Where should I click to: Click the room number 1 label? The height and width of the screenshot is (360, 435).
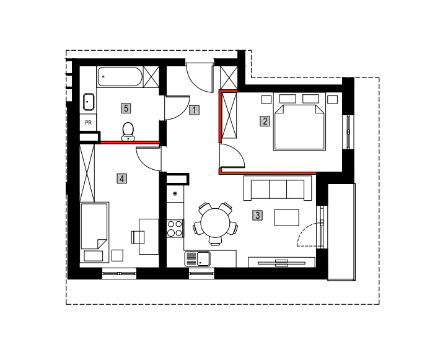(x=194, y=110)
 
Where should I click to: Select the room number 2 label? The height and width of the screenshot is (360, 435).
(x=265, y=121)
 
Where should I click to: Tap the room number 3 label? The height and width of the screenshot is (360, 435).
(x=257, y=215)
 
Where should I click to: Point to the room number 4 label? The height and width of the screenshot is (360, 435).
(x=122, y=178)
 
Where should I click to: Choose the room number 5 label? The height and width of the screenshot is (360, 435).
(x=126, y=108)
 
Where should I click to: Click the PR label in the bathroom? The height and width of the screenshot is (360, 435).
(x=88, y=122)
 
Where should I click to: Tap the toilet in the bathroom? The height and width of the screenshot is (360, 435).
(x=128, y=131)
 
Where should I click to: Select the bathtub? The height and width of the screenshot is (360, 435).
(x=120, y=77)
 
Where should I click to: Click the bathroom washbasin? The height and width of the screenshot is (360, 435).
(x=89, y=102)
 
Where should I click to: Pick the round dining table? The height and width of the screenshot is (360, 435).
(x=216, y=222)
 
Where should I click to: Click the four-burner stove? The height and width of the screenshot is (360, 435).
(x=175, y=228)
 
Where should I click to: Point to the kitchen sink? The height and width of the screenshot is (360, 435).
(x=198, y=259)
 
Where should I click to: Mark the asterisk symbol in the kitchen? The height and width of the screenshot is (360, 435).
(x=175, y=194)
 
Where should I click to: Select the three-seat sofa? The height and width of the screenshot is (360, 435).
(x=278, y=188)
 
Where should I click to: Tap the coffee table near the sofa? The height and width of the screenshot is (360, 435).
(x=287, y=217)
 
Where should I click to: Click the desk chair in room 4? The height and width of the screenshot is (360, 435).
(x=138, y=237)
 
